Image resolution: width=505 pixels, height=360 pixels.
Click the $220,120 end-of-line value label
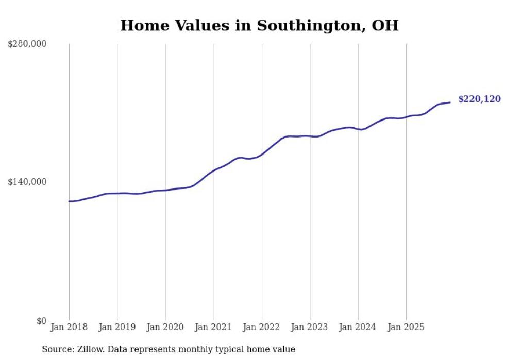[x=479, y=99]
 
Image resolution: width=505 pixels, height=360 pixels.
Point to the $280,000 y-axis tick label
[x=27, y=44]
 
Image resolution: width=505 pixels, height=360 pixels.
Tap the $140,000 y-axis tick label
[x=27, y=182]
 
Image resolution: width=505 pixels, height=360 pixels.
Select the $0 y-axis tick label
[x=41, y=321]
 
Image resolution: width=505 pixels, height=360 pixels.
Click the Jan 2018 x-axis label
[x=69, y=327]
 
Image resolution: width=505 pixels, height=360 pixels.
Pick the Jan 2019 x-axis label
[x=117, y=327]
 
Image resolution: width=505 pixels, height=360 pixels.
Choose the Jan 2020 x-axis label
[x=165, y=327]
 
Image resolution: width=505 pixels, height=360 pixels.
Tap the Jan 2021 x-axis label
[x=214, y=327]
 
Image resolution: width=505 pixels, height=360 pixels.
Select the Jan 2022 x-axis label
[x=262, y=327]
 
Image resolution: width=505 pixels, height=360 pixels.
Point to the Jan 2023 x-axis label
[x=310, y=327]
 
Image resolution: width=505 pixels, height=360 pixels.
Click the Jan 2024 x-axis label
[x=358, y=327]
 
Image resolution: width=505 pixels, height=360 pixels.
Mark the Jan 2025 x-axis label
[x=407, y=327]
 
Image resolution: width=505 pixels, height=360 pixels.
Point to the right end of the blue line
[x=450, y=102]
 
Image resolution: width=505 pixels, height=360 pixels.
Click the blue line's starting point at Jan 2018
[x=69, y=201]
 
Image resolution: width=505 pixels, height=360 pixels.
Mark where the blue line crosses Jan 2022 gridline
[x=262, y=153]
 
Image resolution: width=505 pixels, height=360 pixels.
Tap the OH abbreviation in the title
[x=386, y=25]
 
